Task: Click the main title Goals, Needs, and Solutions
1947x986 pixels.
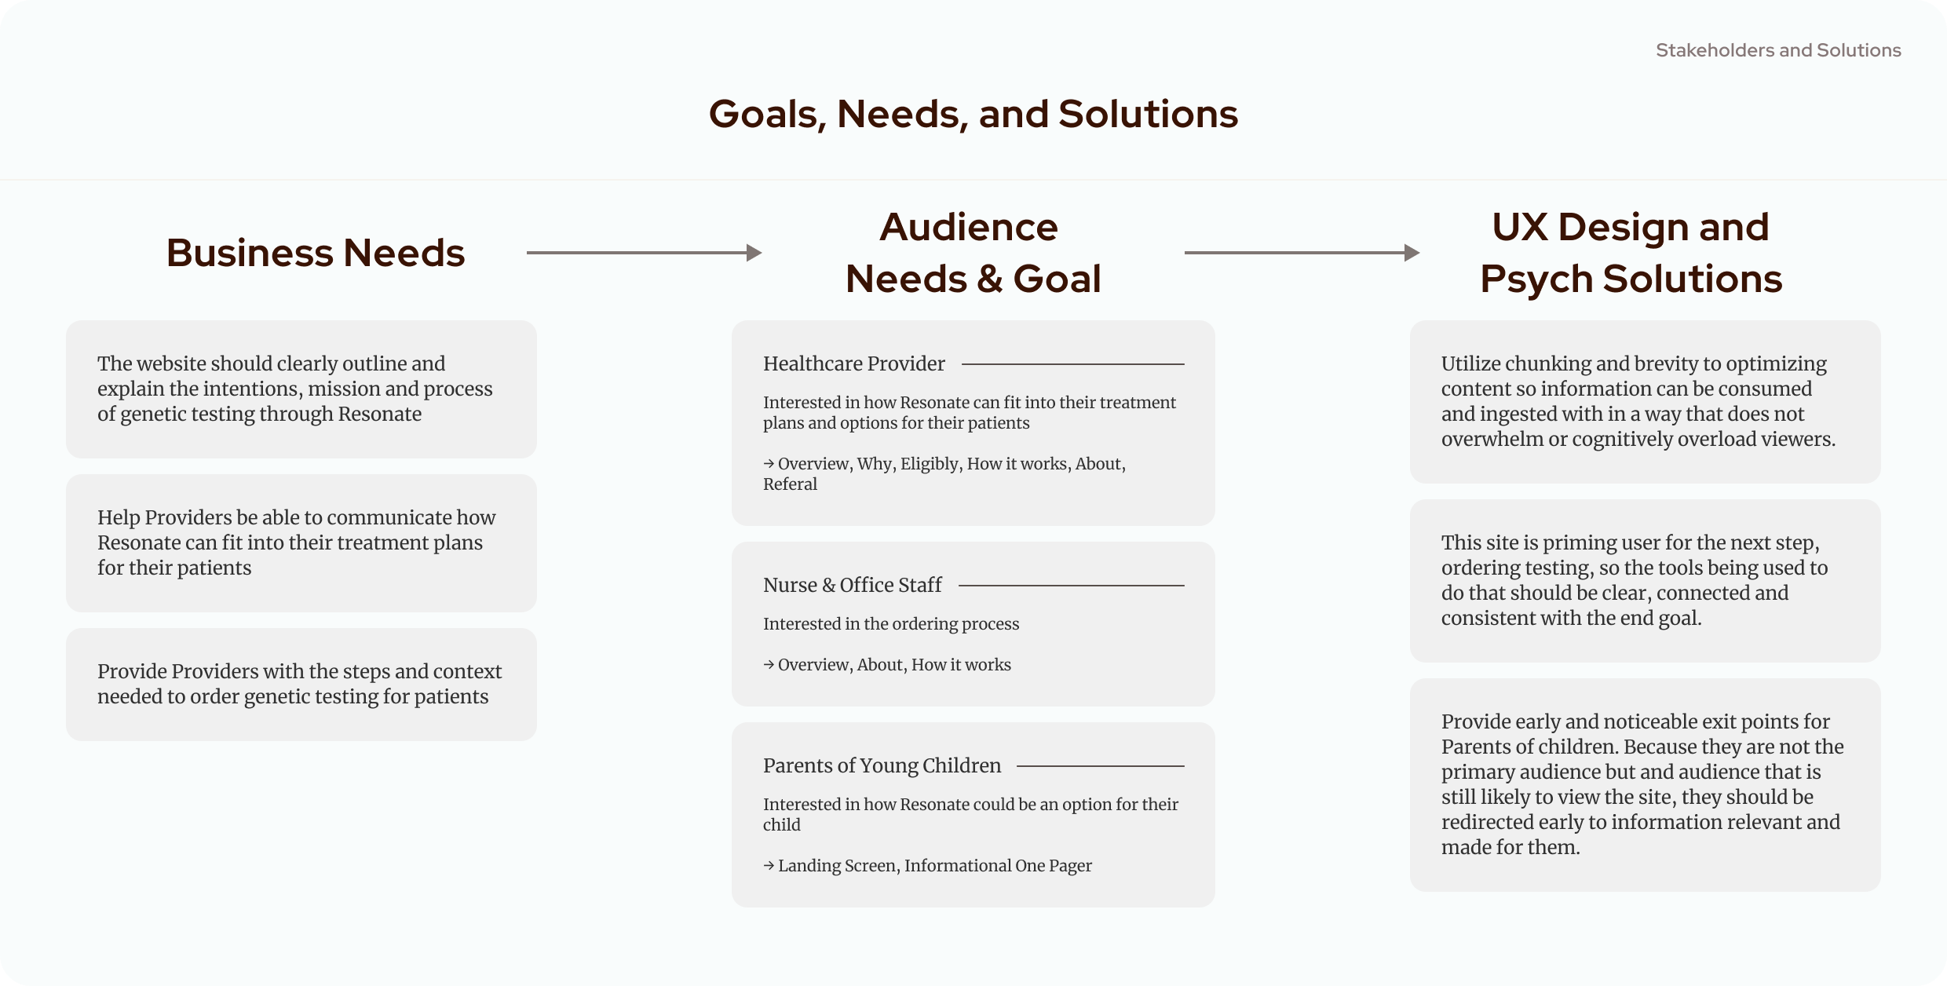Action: point(973,114)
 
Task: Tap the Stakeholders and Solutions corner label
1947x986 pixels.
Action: point(1778,50)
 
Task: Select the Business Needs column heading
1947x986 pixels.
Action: point(315,253)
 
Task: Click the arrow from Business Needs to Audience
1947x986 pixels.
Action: point(644,253)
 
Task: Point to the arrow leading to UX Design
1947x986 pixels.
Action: point(1302,253)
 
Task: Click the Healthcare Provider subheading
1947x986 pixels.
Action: point(853,363)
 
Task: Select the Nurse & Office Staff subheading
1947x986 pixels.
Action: point(852,585)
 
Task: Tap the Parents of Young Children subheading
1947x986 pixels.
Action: point(882,765)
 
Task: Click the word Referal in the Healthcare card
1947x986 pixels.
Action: point(790,484)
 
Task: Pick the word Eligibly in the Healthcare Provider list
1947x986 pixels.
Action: point(930,464)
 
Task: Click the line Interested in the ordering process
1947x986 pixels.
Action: point(891,624)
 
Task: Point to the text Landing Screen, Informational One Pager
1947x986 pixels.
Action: point(934,866)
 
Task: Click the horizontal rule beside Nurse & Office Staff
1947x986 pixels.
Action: point(1071,586)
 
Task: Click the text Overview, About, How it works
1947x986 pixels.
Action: point(894,665)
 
